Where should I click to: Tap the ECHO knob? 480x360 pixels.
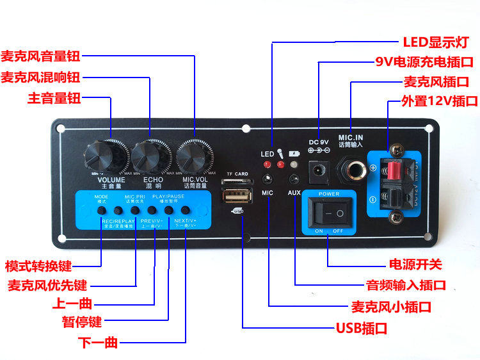tap(152, 156)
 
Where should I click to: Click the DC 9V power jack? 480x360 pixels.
tap(318, 170)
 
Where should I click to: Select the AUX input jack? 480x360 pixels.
tap(294, 180)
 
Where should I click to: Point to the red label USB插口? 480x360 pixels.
tap(362, 329)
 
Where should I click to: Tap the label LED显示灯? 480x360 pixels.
tap(436, 43)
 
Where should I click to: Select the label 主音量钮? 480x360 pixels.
tap(54, 99)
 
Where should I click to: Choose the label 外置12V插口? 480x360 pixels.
tap(440, 101)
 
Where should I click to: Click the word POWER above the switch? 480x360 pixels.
tap(330, 193)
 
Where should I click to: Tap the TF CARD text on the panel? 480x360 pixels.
tap(237, 174)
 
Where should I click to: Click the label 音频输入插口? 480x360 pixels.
tap(405, 285)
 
